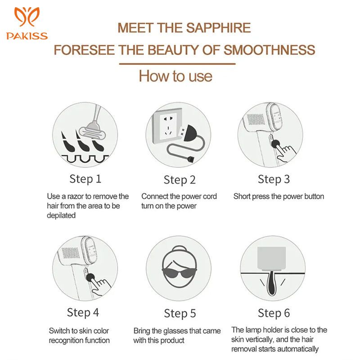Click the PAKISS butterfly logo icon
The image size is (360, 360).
point(27,17)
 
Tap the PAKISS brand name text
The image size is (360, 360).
point(27,36)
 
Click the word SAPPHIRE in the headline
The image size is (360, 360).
point(218,28)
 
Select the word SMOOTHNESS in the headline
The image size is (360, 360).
point(269,50)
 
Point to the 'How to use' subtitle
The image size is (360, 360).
point(175,76)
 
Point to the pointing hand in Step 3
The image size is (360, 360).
point(284,152)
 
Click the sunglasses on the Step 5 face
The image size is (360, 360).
point(179,273)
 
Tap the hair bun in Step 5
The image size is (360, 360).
point(179,249)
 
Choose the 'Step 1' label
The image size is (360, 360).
point(85,179)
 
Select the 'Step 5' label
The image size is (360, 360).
point(180,313)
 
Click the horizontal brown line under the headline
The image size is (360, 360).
point(177,64)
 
